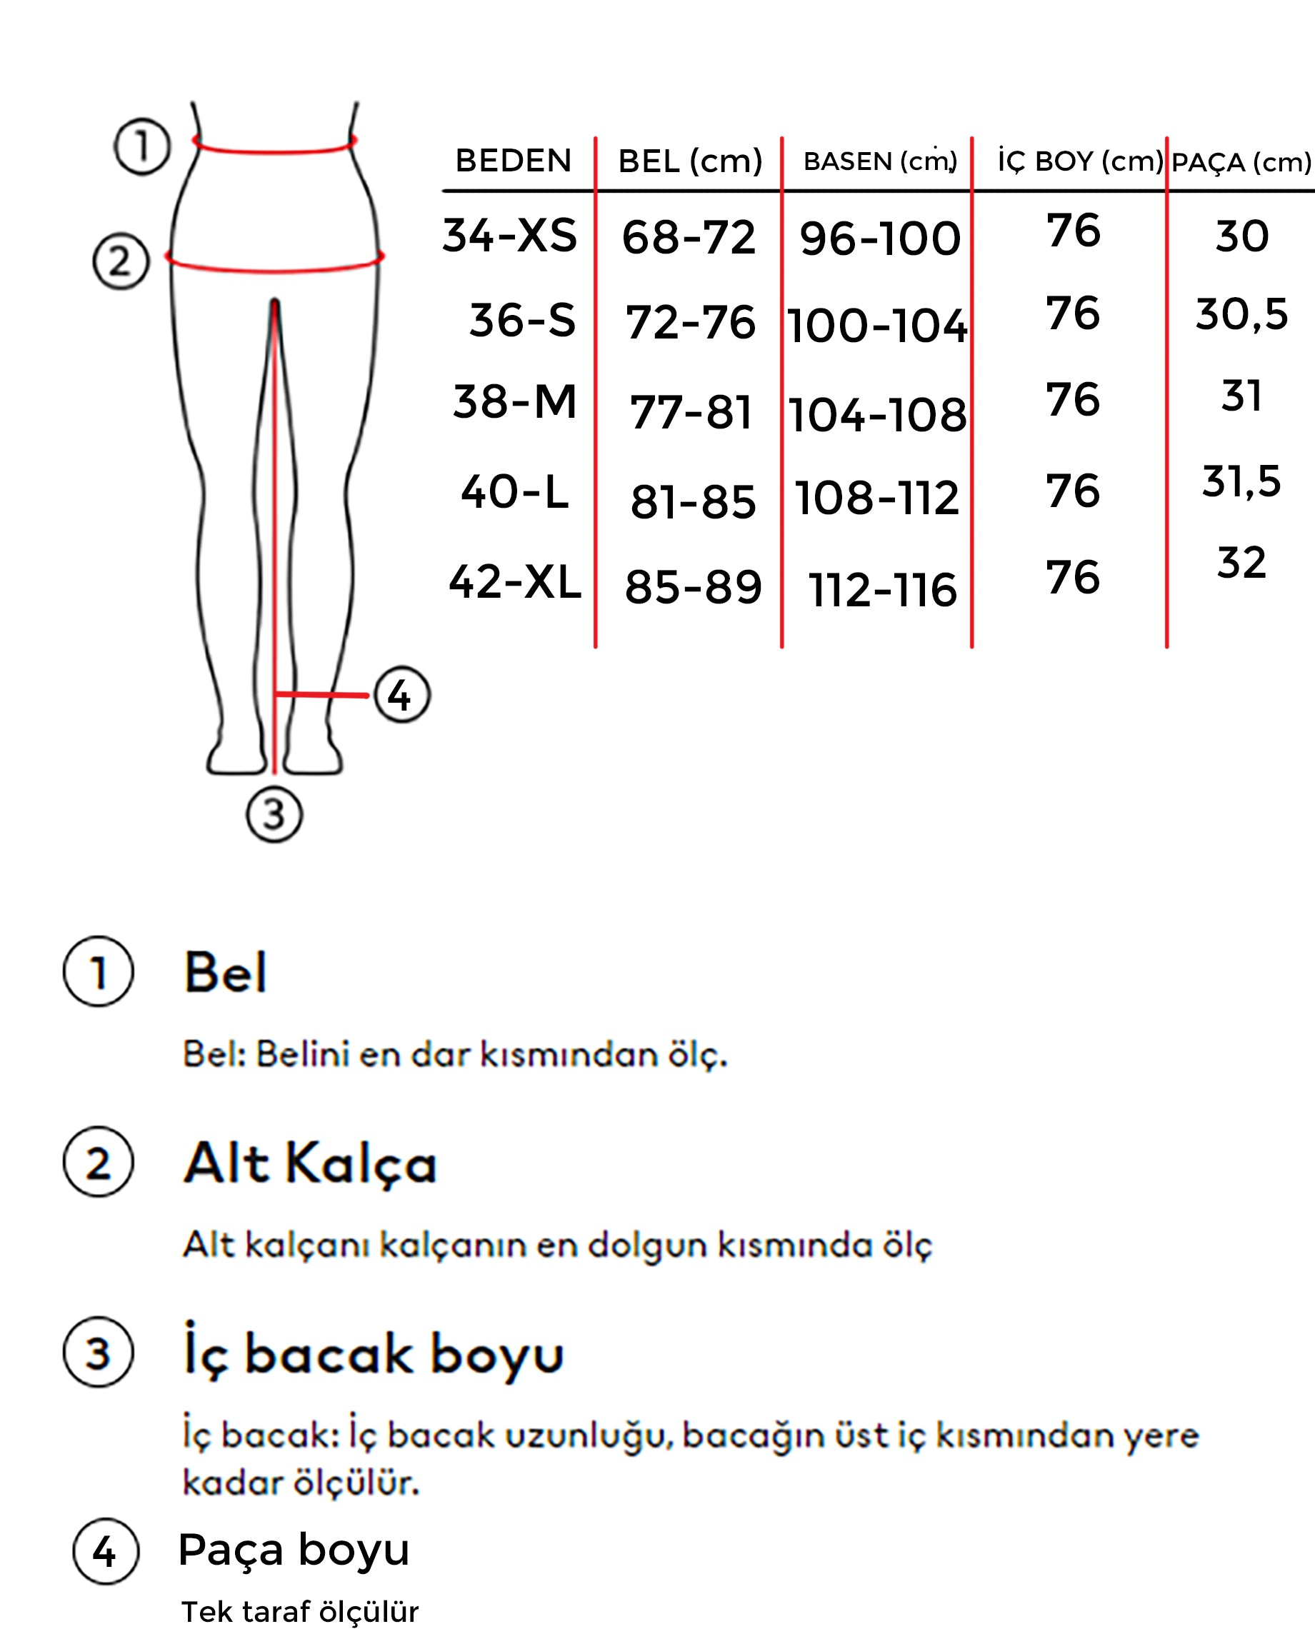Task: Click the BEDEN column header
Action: click(513, 161)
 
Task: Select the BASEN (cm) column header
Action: click(879, 161)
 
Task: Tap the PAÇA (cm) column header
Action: click(1241, 162)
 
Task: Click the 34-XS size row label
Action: click(509, 235)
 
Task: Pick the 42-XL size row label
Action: click(515, 583)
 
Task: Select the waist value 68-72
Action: click(689, 237)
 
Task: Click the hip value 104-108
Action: click(877, 416)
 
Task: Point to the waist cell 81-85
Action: click(693, 503)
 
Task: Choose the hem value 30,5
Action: click(1241, 314)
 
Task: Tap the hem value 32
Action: click(1241, 563)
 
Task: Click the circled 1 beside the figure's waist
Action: click(142, 146)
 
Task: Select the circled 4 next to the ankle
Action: click(401, 695)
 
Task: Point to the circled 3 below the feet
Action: click(274, 814)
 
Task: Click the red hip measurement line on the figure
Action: click(274, 268)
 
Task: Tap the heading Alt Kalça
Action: click(311, 1164)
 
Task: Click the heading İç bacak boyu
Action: click(373, 1354)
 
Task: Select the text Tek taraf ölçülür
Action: click(300, 1611)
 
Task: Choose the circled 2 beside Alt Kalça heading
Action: click(99, 1163)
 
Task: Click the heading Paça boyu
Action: click(294, 1549)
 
